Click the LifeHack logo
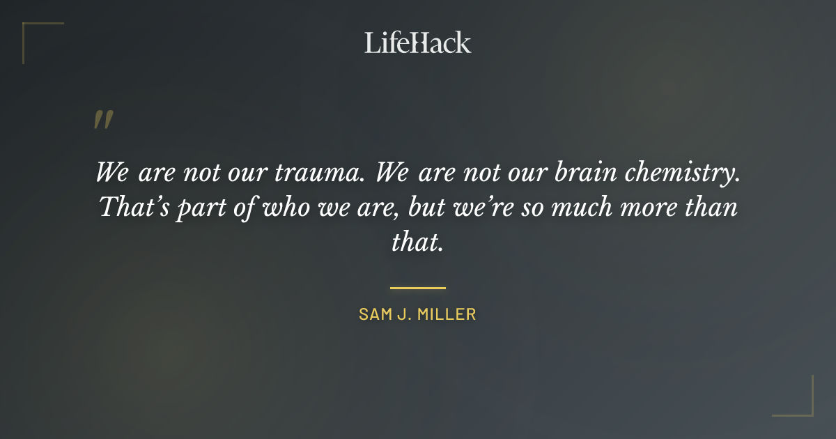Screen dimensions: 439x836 (418, 43)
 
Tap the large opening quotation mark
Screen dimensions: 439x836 (102, 120)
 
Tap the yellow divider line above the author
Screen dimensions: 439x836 (418, 287)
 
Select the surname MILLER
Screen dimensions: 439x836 (450, 314)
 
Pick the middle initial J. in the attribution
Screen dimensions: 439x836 (408, 314)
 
